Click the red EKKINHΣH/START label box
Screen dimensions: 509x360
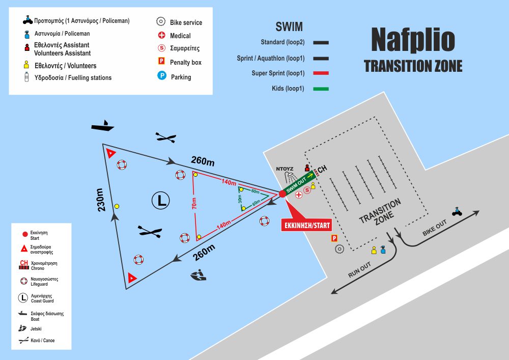coord(306,225)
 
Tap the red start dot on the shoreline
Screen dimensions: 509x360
coord(282,193)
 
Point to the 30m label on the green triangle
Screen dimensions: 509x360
coord(240,199)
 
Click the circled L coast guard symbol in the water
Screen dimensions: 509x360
coord(160,200)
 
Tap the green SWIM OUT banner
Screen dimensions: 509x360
coord(297,182)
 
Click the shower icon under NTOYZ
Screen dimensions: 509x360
coord(291,177)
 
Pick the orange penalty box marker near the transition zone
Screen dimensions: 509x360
coord(334,238)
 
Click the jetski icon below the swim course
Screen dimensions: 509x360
coord(199,276)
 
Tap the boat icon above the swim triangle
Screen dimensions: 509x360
coord(102,126)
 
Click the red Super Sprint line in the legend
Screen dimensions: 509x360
coord(321,73)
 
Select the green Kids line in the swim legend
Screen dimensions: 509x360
coord(321,89)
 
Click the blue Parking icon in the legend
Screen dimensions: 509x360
coord(161,76)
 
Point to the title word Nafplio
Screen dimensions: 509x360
coord(412,39)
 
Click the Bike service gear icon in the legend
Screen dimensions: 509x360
coord(161,22)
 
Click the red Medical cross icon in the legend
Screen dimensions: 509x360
coord(161,36)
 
